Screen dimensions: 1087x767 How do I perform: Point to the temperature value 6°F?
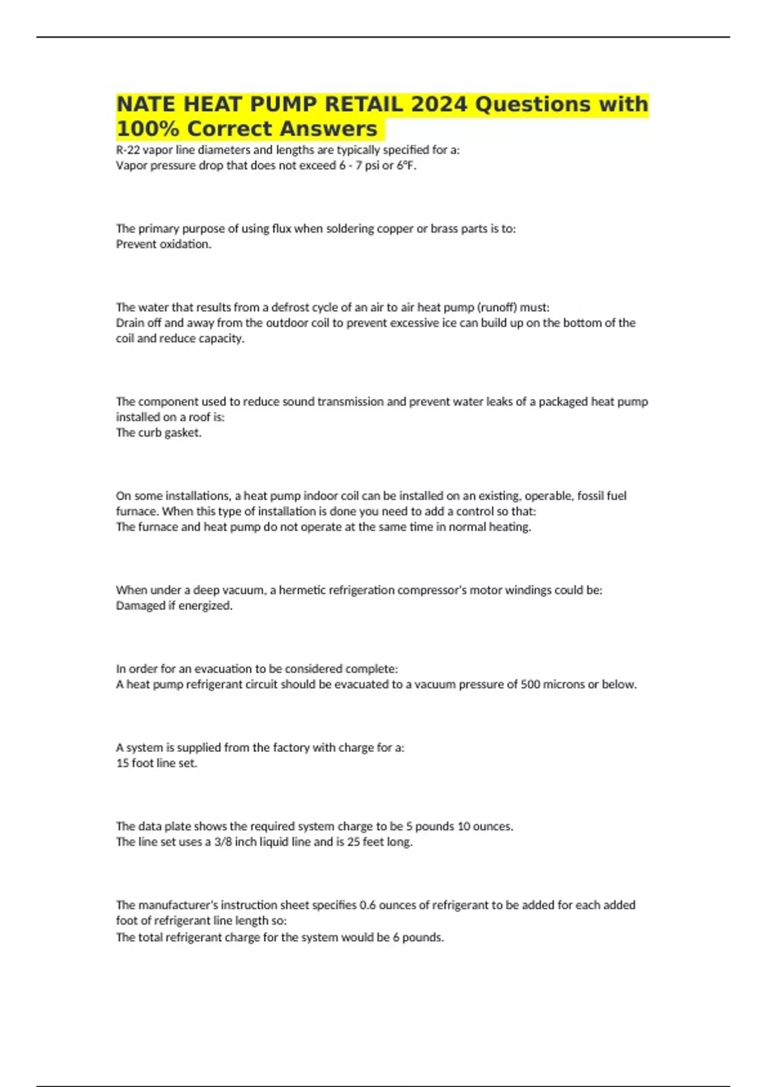pos(407,166)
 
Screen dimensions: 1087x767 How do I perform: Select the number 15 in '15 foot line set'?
pos(122,763)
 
